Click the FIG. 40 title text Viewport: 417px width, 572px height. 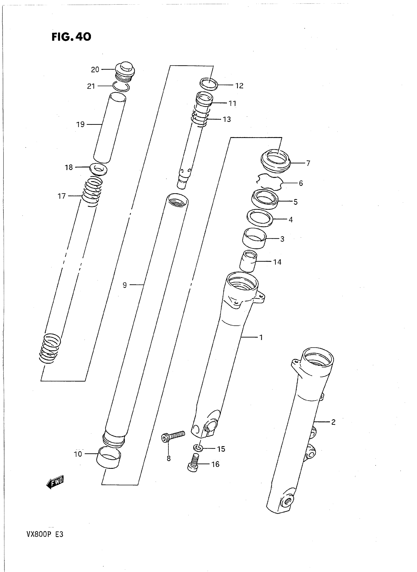click(71, 37)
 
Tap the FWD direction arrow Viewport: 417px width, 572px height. click(55, 482)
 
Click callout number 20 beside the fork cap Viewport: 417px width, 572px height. click(95, 70)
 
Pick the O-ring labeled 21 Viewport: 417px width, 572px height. click(121, 87)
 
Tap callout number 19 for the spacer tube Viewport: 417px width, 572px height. click(80, 124)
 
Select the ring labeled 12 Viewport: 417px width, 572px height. click(209, 84)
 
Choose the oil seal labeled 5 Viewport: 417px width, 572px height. click(265, 199)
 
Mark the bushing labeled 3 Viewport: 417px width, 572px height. click(254, 238)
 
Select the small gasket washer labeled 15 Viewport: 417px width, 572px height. click(198, 448)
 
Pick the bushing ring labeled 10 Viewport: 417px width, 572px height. click(108, 457)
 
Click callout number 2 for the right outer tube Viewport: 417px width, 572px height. click(333, 422)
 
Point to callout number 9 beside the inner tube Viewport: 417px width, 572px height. click(125, 285)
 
